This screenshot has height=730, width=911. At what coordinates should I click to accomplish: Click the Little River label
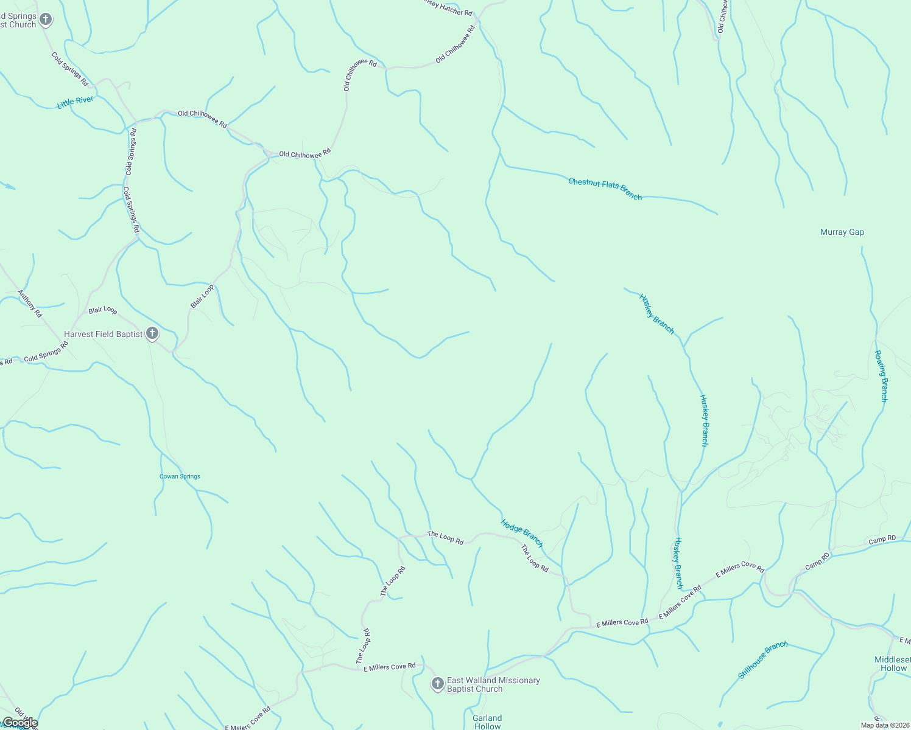76,102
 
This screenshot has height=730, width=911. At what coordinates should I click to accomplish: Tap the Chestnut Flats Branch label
605,189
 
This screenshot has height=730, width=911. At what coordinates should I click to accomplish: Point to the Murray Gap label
842,232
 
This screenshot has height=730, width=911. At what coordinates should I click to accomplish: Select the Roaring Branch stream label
881,376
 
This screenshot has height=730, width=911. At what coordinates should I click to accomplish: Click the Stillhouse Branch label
763,659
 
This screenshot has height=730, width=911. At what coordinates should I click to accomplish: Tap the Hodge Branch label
522,533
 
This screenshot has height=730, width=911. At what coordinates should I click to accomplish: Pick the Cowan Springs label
180,476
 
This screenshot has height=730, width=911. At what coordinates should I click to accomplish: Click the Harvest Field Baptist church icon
152,333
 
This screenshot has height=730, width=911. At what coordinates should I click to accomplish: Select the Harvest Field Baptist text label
104,334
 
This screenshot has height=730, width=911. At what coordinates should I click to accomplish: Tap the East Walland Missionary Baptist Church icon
437,684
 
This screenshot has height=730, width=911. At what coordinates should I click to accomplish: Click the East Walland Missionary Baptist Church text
493,684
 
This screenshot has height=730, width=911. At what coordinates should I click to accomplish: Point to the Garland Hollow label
487,722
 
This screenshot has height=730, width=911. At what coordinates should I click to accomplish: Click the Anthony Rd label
29,304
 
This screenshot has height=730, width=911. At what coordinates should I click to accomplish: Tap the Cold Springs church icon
45,19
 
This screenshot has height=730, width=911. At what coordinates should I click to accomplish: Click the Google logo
19,723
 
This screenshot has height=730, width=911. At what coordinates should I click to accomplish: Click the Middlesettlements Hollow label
893,664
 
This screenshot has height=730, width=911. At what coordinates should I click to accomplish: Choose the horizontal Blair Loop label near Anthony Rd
102,310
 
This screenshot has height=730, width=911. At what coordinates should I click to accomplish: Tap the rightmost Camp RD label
882,539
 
